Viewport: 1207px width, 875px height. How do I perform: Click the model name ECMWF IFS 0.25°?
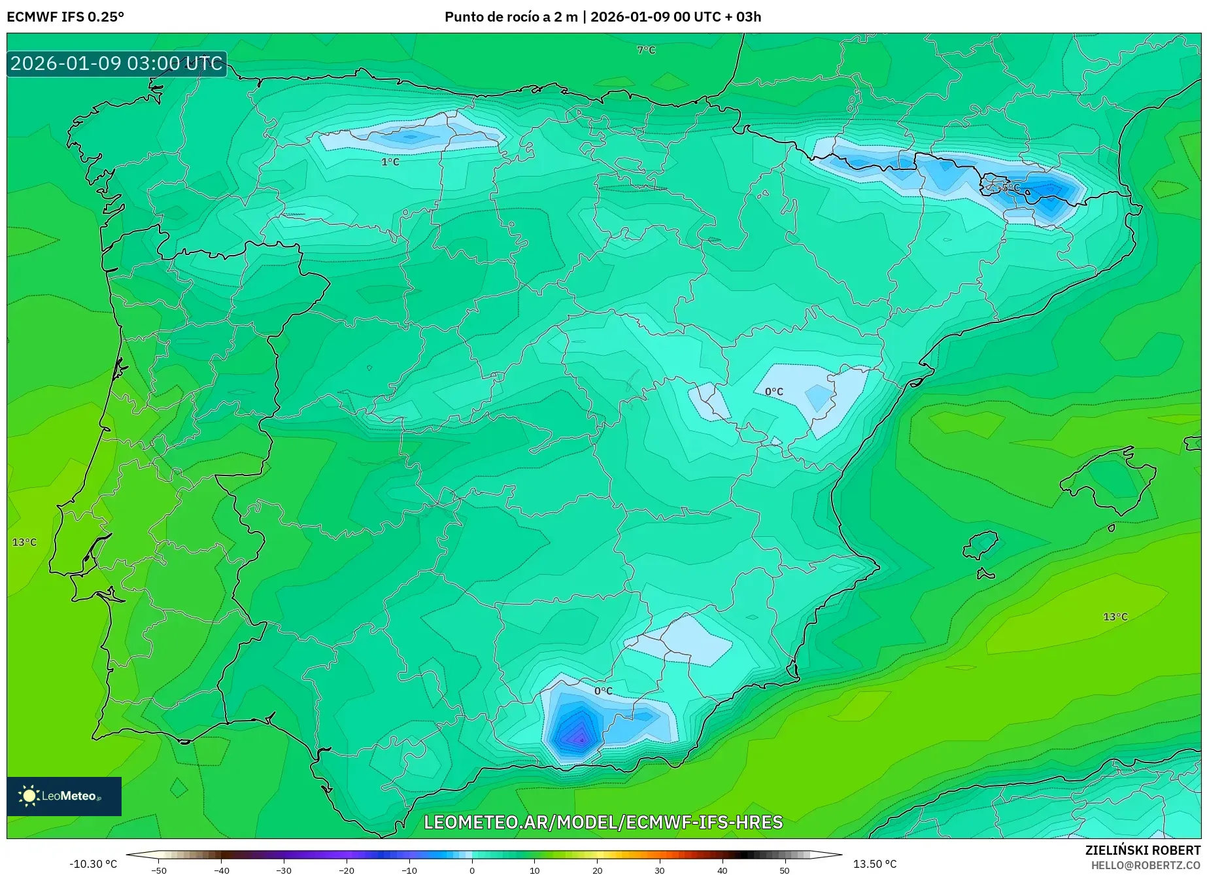(x=65, y=16)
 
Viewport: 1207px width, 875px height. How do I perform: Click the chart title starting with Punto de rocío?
(x=602, y=16)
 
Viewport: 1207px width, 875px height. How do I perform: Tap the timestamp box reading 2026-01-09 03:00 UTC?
(x=116, y=63)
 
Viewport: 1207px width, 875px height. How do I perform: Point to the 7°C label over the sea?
(x=646, y=50)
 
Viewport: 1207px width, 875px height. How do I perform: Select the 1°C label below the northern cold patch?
(x=390, y=162)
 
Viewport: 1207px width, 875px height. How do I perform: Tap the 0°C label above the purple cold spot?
(x=603, y=691)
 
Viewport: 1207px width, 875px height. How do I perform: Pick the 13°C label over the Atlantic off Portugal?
(x=24, y=542)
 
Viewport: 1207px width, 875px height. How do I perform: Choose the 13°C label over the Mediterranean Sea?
(x=1115, y=617)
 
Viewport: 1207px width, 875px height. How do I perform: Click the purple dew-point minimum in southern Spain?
(x=579, y=739)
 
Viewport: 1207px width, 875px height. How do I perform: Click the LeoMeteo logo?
(x=63, y=796)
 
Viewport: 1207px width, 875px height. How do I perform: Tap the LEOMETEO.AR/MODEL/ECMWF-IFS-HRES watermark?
(x=603, y=822)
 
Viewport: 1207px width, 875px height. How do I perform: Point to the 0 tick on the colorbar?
(x=472, y=870)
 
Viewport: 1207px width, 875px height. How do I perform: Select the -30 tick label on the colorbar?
(x=283, y=870)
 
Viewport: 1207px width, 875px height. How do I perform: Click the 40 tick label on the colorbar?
(x=722, y=870)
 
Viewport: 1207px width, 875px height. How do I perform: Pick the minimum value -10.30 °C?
(x=93, y=864)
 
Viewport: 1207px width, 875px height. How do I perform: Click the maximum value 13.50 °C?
(x=874, y=864)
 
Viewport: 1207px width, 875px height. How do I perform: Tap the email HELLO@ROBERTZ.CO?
(x=1145, y=865)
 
